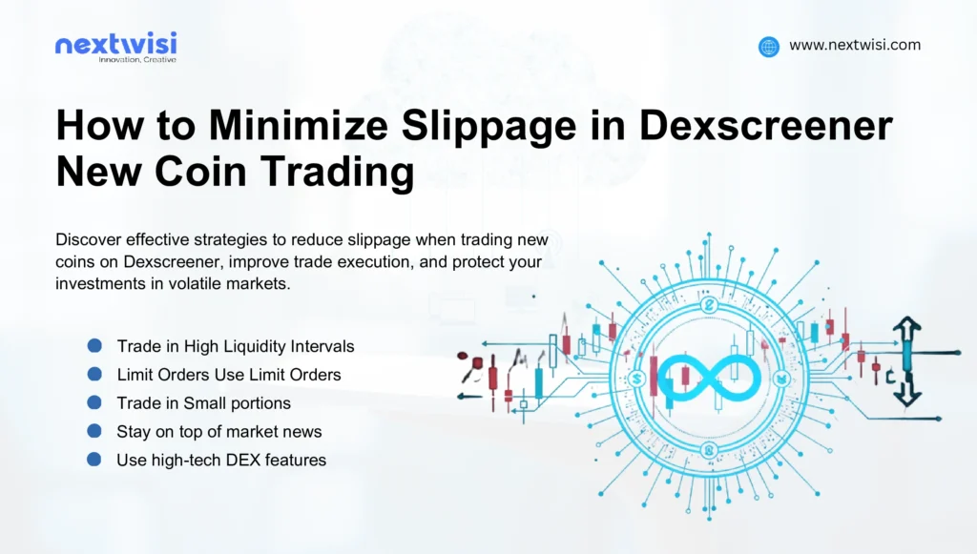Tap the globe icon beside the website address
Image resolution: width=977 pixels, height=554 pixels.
(x=769, y=46)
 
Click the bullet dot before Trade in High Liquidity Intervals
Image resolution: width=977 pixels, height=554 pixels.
(x=94, y=345)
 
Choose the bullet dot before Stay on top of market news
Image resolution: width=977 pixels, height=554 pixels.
(x=94, y=431)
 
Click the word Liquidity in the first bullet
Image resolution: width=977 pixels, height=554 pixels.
(x=247, y=345)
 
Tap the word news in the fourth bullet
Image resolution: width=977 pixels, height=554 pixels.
(x=302, y=431)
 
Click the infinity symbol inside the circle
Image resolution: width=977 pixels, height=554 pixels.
(x=706, y=376)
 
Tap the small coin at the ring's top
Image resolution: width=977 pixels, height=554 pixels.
(x=708, y=305)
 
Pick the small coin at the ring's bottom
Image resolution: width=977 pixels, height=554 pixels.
(x=707, y=449)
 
